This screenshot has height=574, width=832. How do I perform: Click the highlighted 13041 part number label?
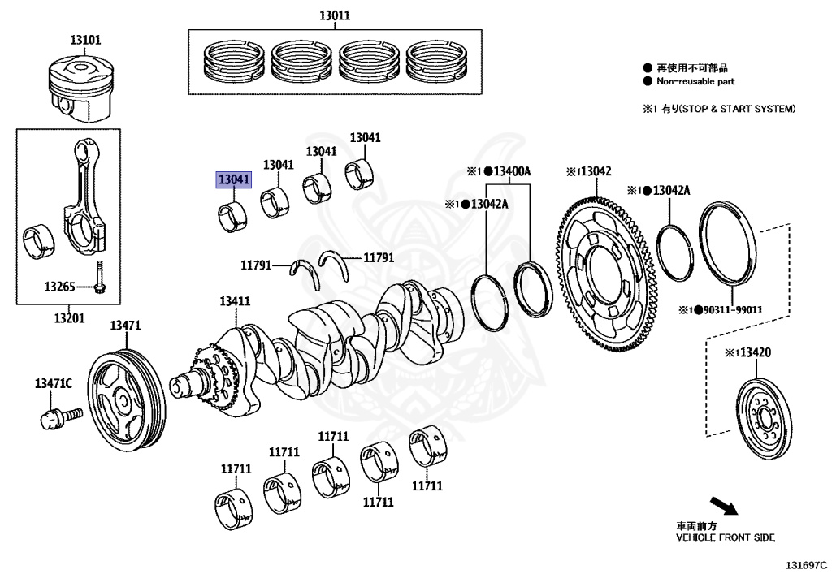click(233, 180)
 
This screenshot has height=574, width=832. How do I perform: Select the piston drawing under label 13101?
click(80, 85)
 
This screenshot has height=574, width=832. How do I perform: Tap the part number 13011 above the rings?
click(334, 15)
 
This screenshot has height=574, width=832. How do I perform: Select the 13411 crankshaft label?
click(234, 301)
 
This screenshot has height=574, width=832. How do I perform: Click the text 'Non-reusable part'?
click(695, 81)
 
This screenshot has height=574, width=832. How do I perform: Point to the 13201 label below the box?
click(69, 317)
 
